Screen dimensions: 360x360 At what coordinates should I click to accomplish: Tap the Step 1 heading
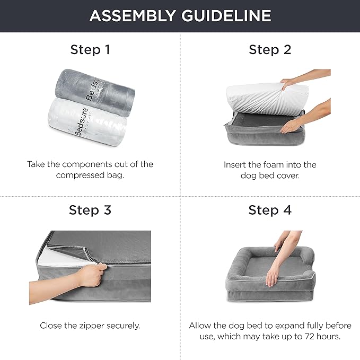(90, 50)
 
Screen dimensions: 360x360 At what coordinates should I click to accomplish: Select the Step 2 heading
(270, 50)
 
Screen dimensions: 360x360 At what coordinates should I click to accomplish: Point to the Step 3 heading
(90, 210)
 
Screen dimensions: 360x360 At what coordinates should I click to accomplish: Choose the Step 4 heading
(270, 210)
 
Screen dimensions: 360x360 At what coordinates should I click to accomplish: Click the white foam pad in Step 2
(254, 98)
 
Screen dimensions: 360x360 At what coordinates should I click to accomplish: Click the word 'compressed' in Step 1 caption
(80, 175)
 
